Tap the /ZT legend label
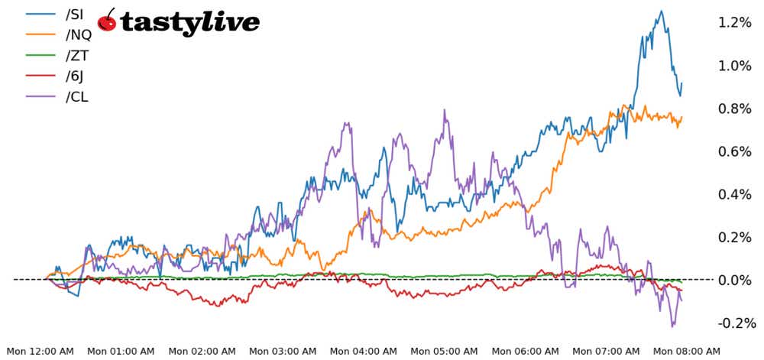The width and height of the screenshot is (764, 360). (78, 55)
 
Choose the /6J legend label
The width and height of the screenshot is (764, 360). (76, 76)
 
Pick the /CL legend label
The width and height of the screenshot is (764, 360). (78, 96)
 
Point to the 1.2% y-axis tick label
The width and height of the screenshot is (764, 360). (735, 22)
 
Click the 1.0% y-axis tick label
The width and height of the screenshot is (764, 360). (735, 66)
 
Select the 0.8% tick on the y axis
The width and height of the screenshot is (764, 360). (735, 109)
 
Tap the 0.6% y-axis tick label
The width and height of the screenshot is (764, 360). (735, 151)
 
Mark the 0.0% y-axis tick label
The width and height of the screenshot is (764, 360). (735, 281)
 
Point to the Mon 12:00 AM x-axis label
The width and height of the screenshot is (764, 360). (41, 351)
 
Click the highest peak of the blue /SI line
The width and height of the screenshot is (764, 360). (661, 11)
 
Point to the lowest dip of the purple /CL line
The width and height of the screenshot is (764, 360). (673, 326)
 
